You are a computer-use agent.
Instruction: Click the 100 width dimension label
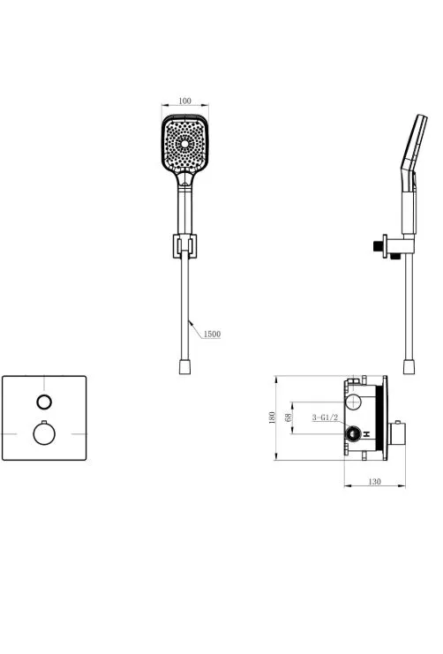[184, 101]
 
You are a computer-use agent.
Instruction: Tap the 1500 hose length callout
[212, 335]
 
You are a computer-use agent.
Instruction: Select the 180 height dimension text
[272, 417]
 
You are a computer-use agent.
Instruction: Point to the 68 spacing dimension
[289, 417]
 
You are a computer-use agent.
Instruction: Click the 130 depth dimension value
[374, 482]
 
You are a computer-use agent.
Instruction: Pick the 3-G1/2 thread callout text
[325, 417]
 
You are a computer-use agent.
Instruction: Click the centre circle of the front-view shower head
[184, 144]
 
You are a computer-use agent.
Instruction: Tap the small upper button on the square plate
[44, 402]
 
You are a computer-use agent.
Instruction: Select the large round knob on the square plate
[44, 433]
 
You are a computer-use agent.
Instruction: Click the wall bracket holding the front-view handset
[184, 246]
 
